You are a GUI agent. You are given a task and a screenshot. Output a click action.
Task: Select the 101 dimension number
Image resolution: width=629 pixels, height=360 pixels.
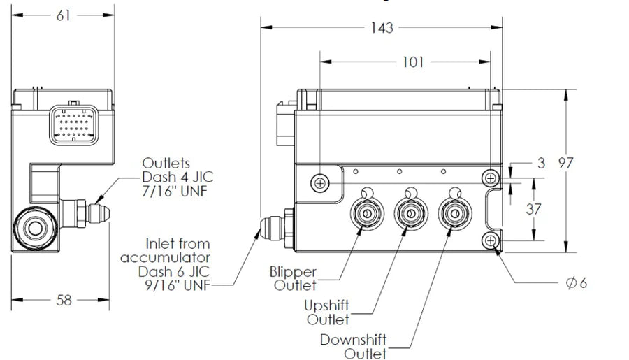(413, 62)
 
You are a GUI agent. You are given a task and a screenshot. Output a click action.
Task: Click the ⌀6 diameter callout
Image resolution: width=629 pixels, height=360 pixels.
(577, 283)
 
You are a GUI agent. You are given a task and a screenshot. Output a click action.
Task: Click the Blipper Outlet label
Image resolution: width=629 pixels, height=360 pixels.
(294, 278)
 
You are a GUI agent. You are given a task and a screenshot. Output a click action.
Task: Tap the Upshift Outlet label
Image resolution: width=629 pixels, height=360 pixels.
(327, 312)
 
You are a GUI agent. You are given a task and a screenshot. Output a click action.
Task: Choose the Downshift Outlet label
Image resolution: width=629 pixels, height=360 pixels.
(354, 347)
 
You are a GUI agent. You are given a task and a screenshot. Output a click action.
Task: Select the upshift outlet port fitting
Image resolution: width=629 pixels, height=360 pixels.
(410, 213)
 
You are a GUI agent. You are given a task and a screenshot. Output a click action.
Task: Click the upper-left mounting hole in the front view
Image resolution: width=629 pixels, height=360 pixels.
(320, 182)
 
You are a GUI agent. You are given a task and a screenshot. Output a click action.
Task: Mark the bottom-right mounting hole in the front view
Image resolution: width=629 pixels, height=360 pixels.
(491, 241)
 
